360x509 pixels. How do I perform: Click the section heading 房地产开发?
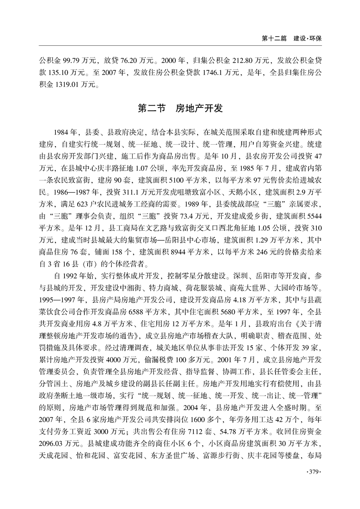199,109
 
